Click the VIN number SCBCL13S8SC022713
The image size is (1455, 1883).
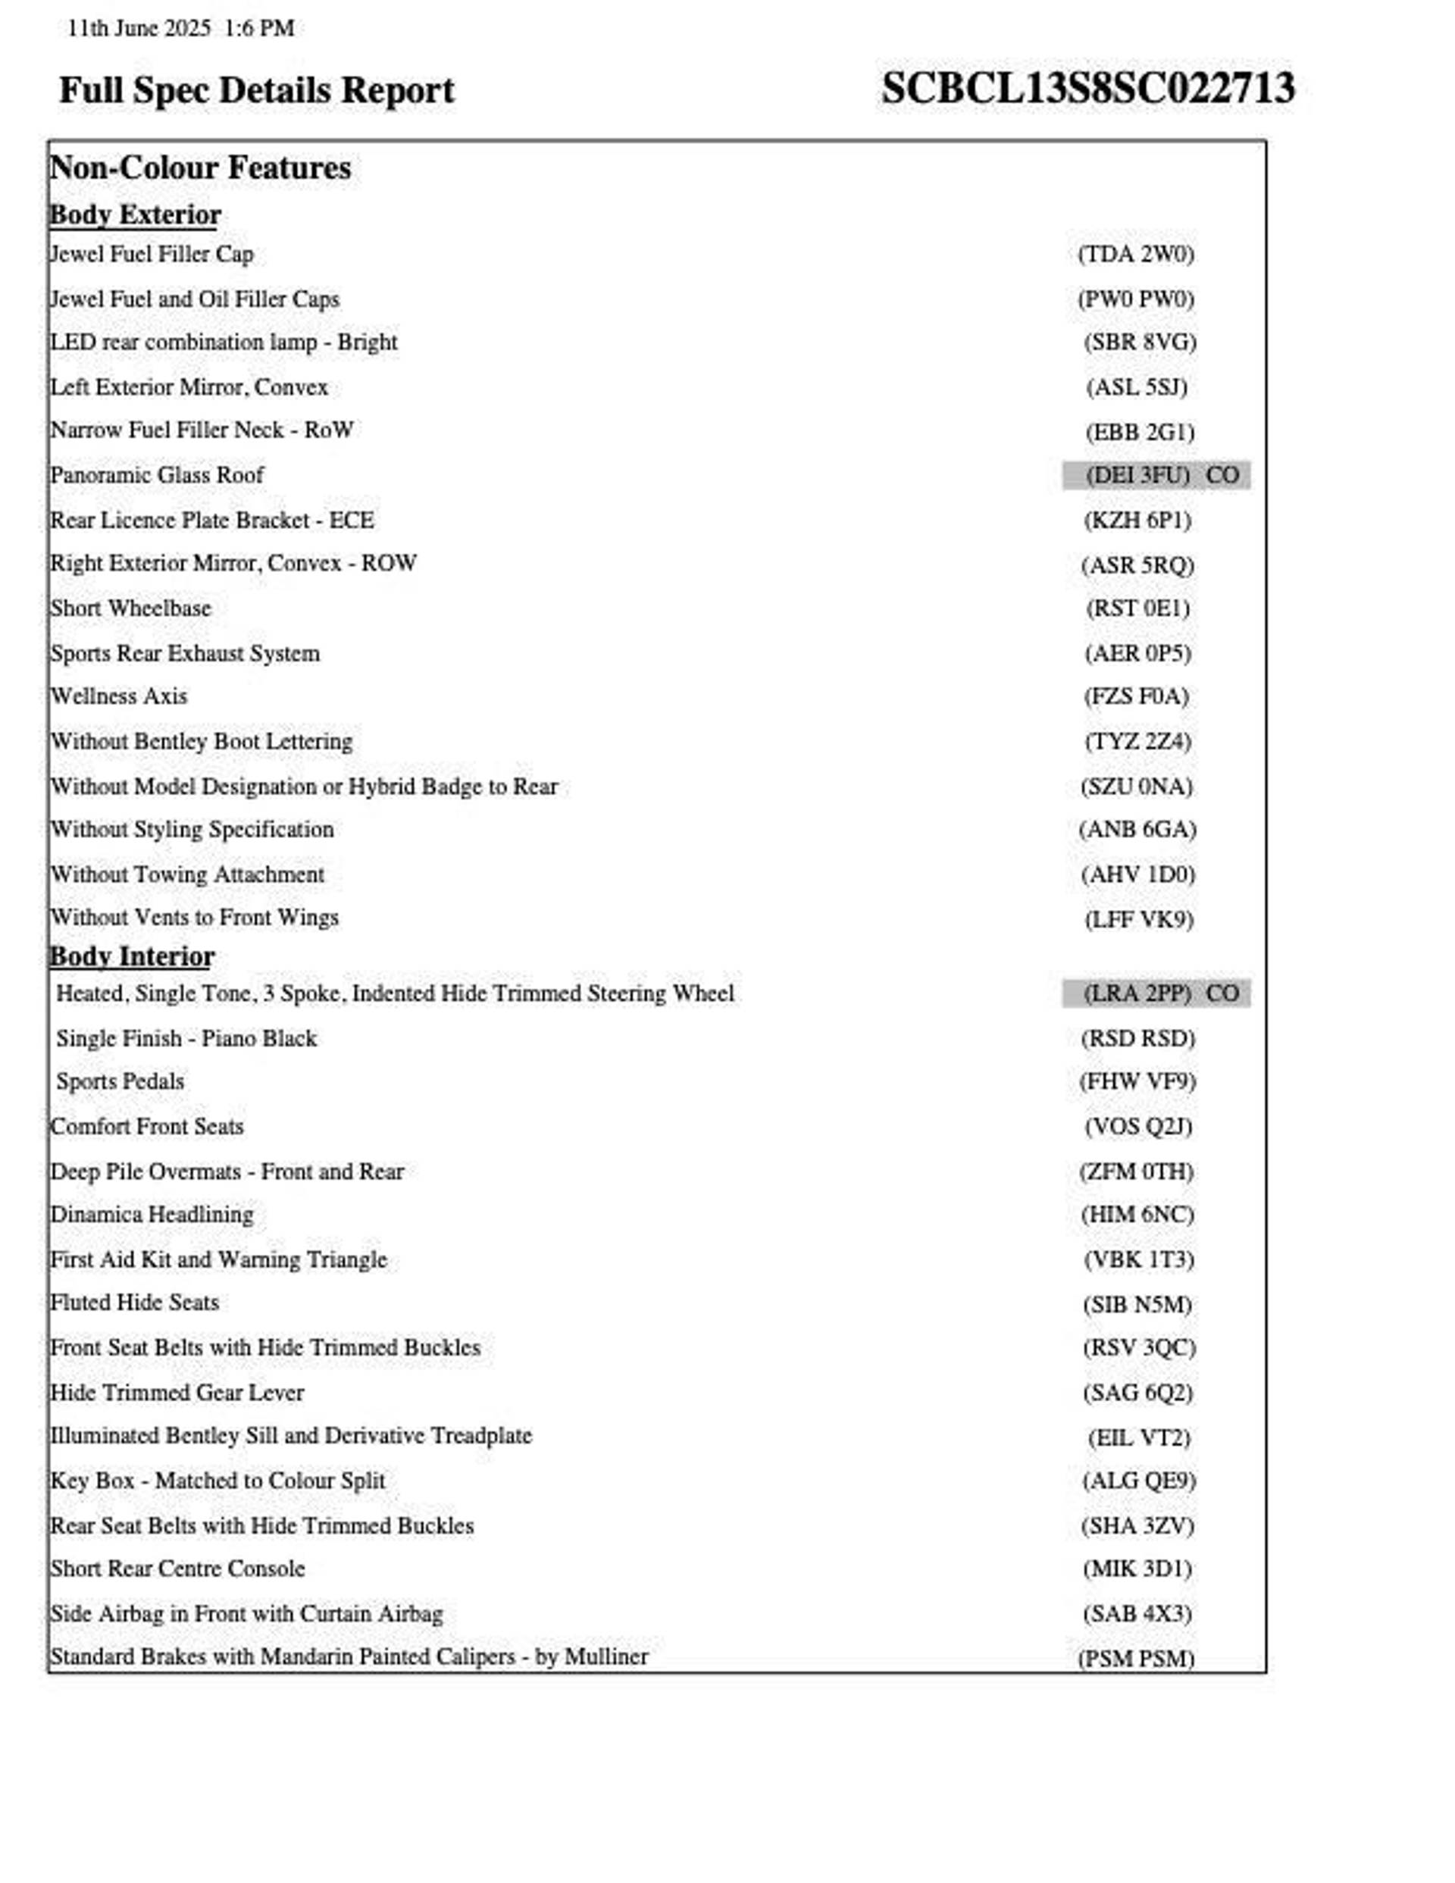(1087, 89)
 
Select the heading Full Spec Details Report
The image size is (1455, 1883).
(256, 90)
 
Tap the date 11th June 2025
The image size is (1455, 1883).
(139, 29)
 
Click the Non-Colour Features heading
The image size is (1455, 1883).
(200, 167)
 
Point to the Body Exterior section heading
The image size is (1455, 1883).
(136, 214)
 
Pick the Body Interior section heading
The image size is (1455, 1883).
(132, 956)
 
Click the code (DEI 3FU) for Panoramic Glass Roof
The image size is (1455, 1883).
(1137, 475)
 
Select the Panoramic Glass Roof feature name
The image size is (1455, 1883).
(157, 475)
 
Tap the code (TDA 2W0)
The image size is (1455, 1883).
(1136, 255)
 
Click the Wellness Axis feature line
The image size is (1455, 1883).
(119, 696)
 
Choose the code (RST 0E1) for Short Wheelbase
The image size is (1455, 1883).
(1137, 608)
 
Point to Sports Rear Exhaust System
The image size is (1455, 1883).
(185, 652)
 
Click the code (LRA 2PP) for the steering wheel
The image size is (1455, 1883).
(1137, 993)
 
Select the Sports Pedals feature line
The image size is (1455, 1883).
(120, 1081)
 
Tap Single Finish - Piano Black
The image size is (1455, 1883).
(186, 1038)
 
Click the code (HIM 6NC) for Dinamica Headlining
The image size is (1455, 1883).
(1137, 1215)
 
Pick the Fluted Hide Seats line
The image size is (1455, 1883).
(135, 1302)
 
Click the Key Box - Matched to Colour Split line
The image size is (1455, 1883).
(217, 1481)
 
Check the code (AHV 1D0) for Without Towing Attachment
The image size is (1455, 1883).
(1137, 874)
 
